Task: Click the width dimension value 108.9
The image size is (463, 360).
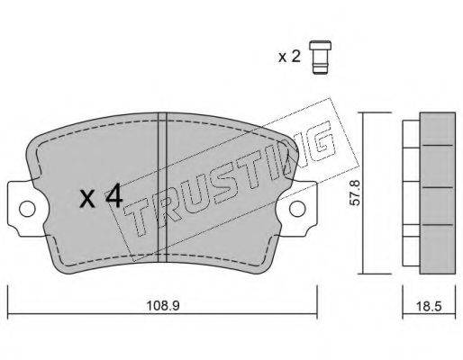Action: [163, 306]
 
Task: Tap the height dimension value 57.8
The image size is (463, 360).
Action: [356, 193]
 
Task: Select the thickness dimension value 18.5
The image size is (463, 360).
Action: [429, 306]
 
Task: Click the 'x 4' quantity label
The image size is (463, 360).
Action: [101, 196]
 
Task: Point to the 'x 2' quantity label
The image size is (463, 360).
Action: [289, 57]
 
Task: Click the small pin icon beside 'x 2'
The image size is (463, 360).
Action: [321, 57]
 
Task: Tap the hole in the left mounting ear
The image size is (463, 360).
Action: [27, 209]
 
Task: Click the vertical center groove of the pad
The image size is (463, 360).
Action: [162, 187]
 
